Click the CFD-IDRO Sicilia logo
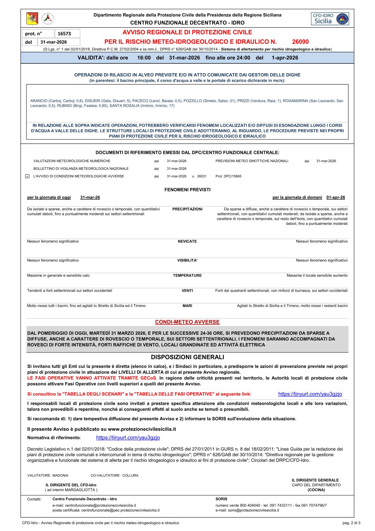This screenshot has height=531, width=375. point(330,19)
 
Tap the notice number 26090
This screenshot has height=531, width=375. point(300,42)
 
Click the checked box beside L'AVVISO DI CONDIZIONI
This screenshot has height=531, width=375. point(27,176)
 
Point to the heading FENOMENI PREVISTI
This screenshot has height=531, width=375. point(187,190)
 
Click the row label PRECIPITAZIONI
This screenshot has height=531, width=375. point(187,209)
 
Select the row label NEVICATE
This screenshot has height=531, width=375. point(187,241)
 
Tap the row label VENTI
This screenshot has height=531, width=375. point(187,290)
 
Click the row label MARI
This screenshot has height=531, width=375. point(187,306)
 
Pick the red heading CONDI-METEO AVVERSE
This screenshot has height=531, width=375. point(187,322)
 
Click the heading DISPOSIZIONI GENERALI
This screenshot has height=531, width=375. point(187,357)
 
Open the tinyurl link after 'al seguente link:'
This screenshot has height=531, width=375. point(310,394)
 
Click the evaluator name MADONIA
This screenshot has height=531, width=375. point(60,475)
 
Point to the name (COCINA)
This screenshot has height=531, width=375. point(316,490)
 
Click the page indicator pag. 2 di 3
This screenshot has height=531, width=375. point(351,523)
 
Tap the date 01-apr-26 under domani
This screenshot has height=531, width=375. point(336,197)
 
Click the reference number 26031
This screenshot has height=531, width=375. point(202,176)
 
